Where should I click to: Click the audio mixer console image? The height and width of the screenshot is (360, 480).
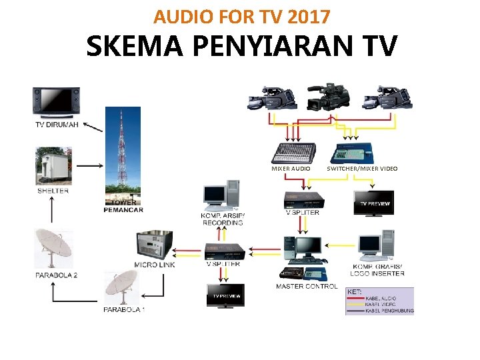[291, 153]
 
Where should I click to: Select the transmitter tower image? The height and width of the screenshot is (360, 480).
[123, 153]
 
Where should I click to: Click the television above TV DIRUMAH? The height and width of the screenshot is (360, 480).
[56, 102]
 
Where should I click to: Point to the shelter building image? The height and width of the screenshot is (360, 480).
[53, 166]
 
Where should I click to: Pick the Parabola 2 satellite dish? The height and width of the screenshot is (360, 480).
[53, 248]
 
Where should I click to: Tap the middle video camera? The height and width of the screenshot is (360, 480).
[325, 98]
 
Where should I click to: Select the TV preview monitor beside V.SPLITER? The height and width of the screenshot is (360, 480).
[373, 203]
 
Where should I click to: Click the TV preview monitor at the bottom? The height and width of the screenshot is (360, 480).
[225, 295]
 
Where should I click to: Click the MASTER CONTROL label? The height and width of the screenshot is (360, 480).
[307, 287]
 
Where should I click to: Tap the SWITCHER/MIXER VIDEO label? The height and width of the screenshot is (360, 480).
[362, 169]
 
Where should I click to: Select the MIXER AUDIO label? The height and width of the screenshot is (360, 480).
[291, 169]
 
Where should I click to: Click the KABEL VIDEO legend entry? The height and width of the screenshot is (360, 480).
[380, 304]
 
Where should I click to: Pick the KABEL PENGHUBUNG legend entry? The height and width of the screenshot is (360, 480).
[389, 311]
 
